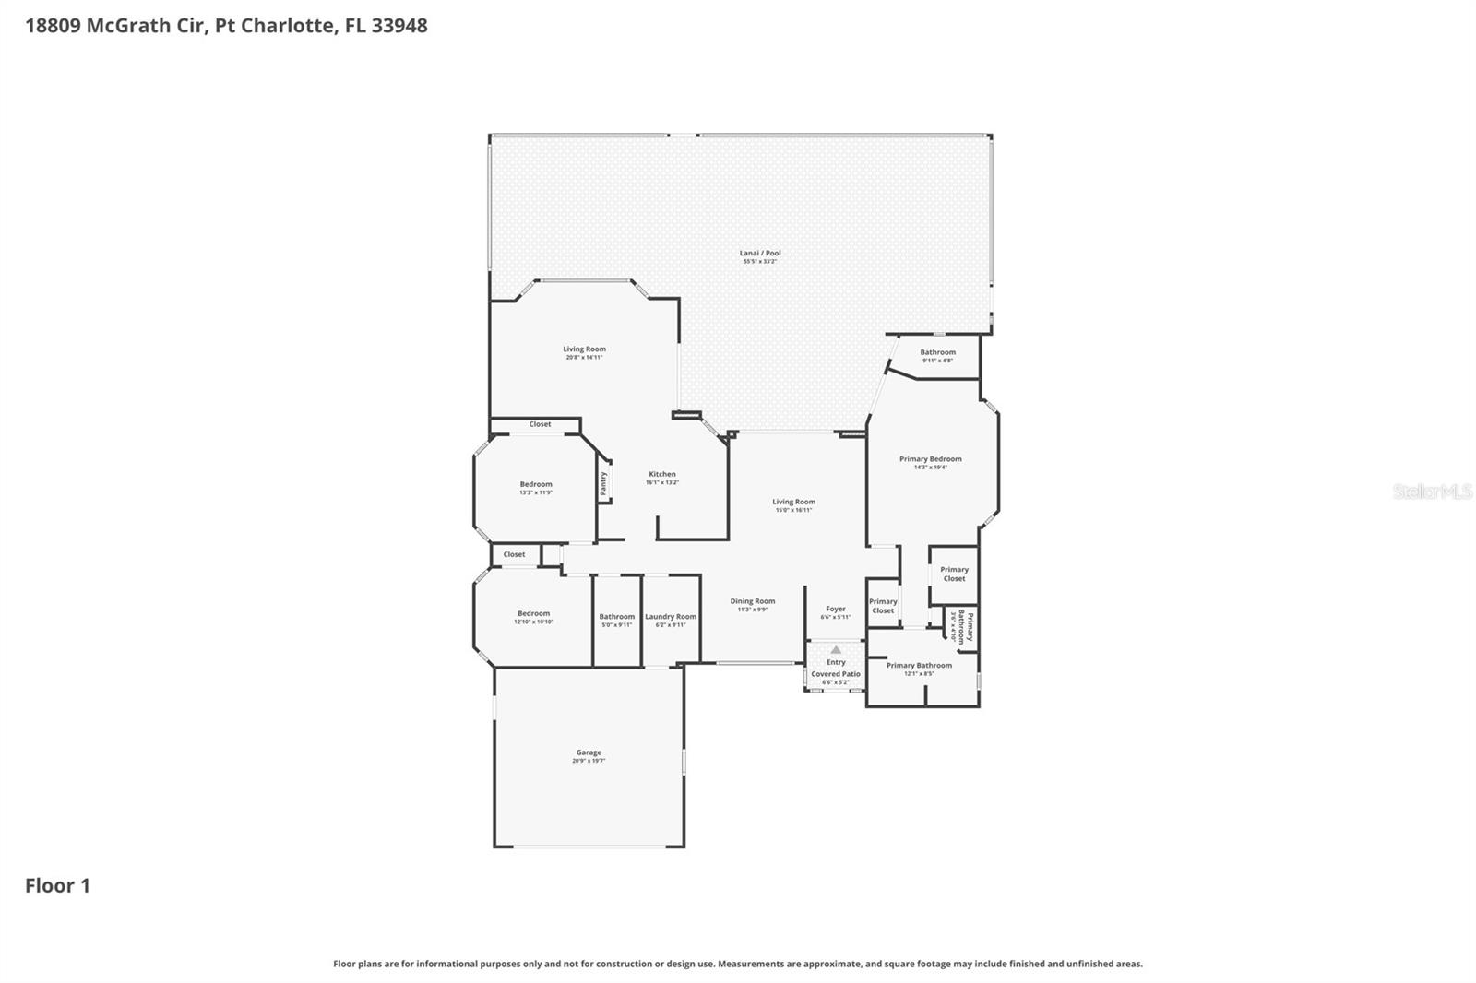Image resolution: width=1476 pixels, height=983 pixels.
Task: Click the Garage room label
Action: [589, 752]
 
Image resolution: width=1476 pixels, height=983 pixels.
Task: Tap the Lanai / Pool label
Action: [760, 254]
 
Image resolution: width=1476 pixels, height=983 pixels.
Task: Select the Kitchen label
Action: [661, 474]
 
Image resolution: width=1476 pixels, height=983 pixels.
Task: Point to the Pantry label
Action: [604, 484]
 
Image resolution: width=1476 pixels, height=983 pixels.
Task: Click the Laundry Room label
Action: [671, 617]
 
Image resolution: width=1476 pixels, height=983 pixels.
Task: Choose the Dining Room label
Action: [753, 601]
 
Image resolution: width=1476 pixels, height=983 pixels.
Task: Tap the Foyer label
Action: [836, 610]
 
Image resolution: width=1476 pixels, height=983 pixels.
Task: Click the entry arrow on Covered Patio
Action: [836, 650]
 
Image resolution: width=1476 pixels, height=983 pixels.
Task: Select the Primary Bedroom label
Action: [931, 459]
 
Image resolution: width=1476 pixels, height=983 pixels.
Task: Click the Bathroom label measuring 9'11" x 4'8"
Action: [937, 352]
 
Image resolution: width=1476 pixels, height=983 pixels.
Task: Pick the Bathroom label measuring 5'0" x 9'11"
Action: [617, 617]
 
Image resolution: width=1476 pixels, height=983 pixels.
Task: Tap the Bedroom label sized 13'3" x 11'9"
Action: [536, 484]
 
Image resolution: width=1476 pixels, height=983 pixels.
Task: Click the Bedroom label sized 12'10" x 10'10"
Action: [533, 613]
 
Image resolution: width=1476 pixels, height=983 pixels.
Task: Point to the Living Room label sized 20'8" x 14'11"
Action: [585, 349]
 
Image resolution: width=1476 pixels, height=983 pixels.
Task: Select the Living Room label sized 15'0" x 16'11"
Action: [793, 503]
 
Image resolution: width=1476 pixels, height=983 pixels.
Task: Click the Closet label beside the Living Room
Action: [540, 424]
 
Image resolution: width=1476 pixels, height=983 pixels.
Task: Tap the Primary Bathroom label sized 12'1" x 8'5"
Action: [919, 666]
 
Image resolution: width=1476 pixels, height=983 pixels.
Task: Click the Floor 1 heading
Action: [57, 886]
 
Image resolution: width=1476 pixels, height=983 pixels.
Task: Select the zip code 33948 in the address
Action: [399, 26]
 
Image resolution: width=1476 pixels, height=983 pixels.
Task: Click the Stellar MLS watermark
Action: [1432, 491]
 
